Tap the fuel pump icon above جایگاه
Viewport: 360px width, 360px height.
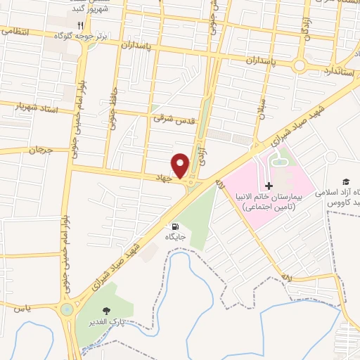[174, 226]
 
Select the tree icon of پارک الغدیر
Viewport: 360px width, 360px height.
[106, 310]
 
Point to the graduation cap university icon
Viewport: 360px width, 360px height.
[345, 181]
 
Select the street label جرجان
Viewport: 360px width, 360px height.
[41, 149]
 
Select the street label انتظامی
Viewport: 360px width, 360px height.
[16, 30]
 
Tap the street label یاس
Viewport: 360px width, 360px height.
[21, 307]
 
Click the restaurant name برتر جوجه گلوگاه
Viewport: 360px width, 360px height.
[101, 34]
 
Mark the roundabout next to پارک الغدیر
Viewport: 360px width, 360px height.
[67, 309]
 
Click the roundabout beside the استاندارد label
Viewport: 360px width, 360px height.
[301, 66]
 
